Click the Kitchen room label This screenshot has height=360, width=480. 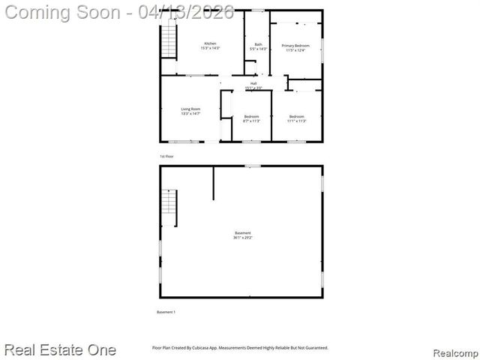pyautogui.click(x=210, y=46)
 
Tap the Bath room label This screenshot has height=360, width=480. pyautogui.click(x=258, y=46)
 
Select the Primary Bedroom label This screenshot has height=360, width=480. pyautogui.click(x=295, y=48)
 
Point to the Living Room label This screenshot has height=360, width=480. pyautogui.click(x=190, y=111)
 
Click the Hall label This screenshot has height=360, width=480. pyautogui.click(x=253, y=85)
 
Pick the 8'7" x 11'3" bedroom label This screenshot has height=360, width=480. pyautogui.click(x=251, y=118)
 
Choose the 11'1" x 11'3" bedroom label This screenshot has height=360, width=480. pyautogui.click(x=297, y=118)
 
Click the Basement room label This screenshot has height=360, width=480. pyautogui.click(x=241, y=235)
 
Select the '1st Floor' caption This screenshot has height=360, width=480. pyautogui.click(x=166, y=156)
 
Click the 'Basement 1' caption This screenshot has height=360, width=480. pyautogui.click(x=166, y=311)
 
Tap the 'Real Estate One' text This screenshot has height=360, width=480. pyautogui.click(x=60, y=349)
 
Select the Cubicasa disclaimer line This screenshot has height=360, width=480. pyautogui.click(x=240, y=348)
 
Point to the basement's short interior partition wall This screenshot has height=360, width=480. pyautogui.click(x=214, y=183)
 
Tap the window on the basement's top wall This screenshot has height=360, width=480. pyautogui.click(x=253, y=166)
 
